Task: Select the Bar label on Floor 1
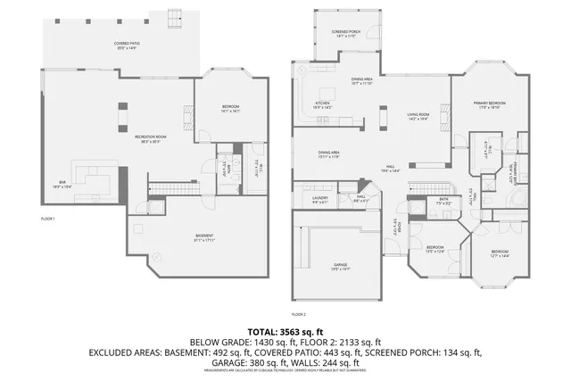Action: [x=62, y=184]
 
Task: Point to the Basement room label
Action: [x=204, y=237]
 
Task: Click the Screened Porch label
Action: [x=346, y=34]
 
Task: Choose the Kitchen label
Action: [x=322, y=104]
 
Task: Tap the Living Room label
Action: [x=418, y=116]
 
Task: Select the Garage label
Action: [x=340, y=267]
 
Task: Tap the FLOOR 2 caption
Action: [x=298, y=315]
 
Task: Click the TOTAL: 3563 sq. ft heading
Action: [x=285, y=330]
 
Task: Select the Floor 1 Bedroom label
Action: [x=230, y=109]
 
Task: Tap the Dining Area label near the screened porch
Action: [x=361, y=82]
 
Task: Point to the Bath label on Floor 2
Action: [x=443, y=202]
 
